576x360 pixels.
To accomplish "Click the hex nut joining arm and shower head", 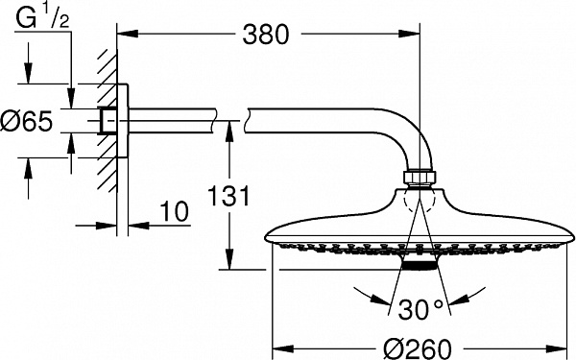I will click(420, 180).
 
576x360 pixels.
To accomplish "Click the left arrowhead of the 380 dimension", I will click(123, 36).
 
